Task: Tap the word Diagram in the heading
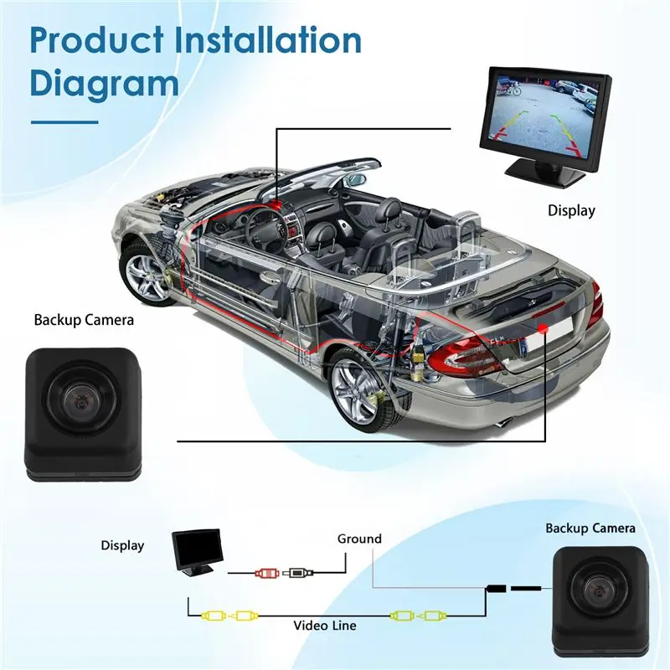104,85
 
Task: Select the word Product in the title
96,40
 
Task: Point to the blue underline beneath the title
64,122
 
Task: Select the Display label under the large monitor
571,211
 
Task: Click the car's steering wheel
265,225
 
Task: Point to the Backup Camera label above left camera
84,320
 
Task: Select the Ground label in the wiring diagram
359,539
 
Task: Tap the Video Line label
325,626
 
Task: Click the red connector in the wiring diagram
267,573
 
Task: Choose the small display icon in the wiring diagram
198,552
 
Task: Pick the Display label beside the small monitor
122,546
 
